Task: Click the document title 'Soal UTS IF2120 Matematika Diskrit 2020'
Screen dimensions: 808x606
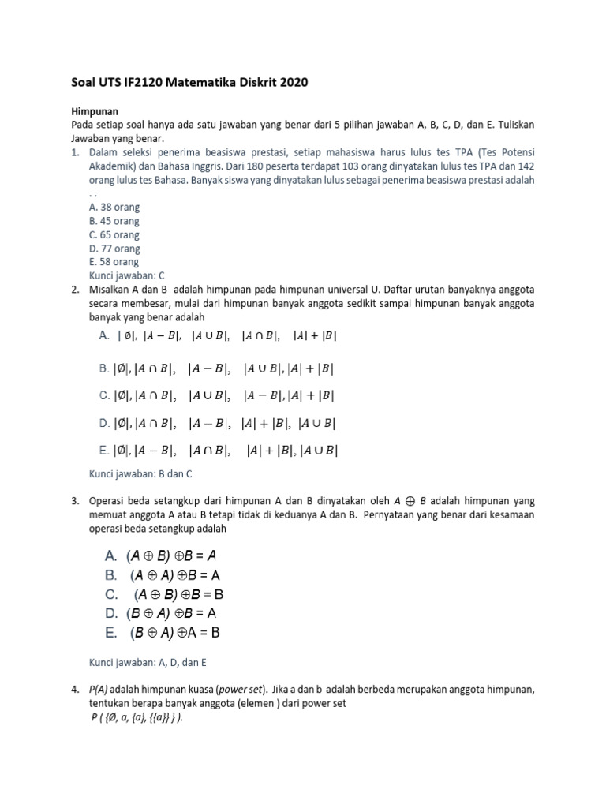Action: [185, 82]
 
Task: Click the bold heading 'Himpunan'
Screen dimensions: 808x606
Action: [95, 113]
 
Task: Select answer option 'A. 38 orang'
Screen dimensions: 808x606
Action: [114, 207]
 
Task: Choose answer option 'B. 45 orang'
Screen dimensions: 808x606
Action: [114, 221]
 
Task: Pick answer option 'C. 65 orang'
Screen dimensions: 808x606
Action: [114, 234]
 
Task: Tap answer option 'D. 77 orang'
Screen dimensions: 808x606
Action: [114, 249]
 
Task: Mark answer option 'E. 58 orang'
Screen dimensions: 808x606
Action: [114, 262]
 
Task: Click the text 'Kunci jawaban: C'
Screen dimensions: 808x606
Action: [127, 275]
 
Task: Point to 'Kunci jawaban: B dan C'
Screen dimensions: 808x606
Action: [140, 473]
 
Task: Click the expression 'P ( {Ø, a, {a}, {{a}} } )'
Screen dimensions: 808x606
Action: [137, 716]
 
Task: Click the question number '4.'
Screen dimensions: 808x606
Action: [75, 690]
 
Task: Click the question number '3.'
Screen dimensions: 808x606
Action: [75, 501]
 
